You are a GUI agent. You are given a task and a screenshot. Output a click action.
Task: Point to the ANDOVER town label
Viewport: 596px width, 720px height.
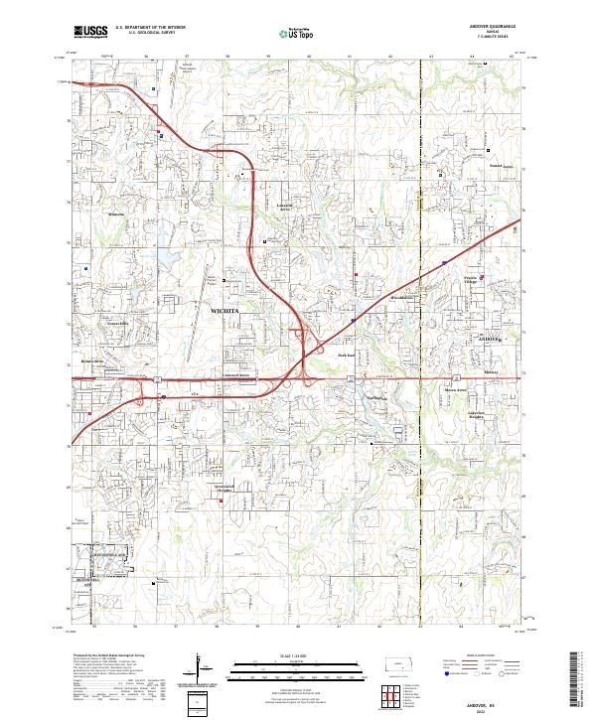tap(492, 340)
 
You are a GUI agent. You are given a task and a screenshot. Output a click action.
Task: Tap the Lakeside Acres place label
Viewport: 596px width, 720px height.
tap(286, 208)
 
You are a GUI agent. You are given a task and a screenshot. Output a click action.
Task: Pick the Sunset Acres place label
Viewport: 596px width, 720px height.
tap(501, 166)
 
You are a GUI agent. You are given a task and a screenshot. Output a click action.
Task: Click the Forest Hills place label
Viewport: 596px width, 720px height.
tap(119, 324)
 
